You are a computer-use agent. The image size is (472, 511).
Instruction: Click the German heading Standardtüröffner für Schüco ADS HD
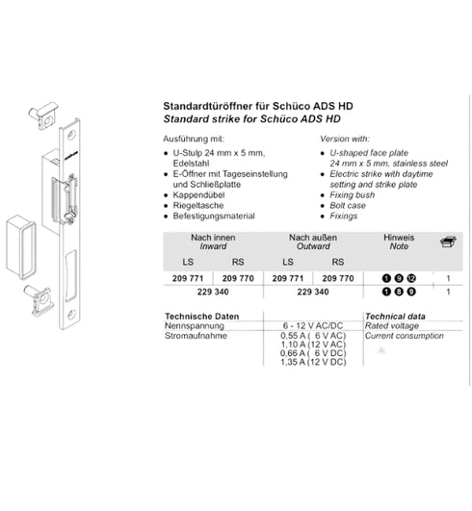pos(258,106)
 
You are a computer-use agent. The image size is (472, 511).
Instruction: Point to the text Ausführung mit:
pos(194,140)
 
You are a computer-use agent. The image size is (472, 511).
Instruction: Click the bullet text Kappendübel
pos(198,195)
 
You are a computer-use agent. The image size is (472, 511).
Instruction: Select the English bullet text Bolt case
pos(348,205)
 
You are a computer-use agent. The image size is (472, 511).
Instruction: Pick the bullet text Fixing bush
pos(352,195)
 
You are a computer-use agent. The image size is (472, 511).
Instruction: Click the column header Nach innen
pos(213,238)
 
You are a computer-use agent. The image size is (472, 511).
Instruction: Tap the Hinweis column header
pos(399,238)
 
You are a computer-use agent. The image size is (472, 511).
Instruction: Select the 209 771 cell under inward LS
pos(188,278)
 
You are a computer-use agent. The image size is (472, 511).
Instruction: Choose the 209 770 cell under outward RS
pos(338,278)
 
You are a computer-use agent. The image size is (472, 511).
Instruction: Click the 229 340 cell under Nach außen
pos(313,292)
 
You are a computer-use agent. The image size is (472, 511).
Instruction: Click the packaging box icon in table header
pos(448,242)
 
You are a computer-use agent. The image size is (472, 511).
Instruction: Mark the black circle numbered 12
pos(411,278)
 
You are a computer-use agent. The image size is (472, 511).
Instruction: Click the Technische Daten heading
pos(202,316)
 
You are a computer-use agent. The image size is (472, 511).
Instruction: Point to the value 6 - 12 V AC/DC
pos(313,325)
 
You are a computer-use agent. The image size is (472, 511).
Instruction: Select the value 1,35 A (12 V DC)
pos(313,362)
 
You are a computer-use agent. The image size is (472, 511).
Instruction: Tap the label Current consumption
pos(405,336)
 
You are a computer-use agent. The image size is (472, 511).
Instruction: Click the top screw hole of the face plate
pos(71,135)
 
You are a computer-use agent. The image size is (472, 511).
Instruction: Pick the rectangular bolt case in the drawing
pos(21,246)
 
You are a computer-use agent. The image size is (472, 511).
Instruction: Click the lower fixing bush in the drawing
pos(39,299)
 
